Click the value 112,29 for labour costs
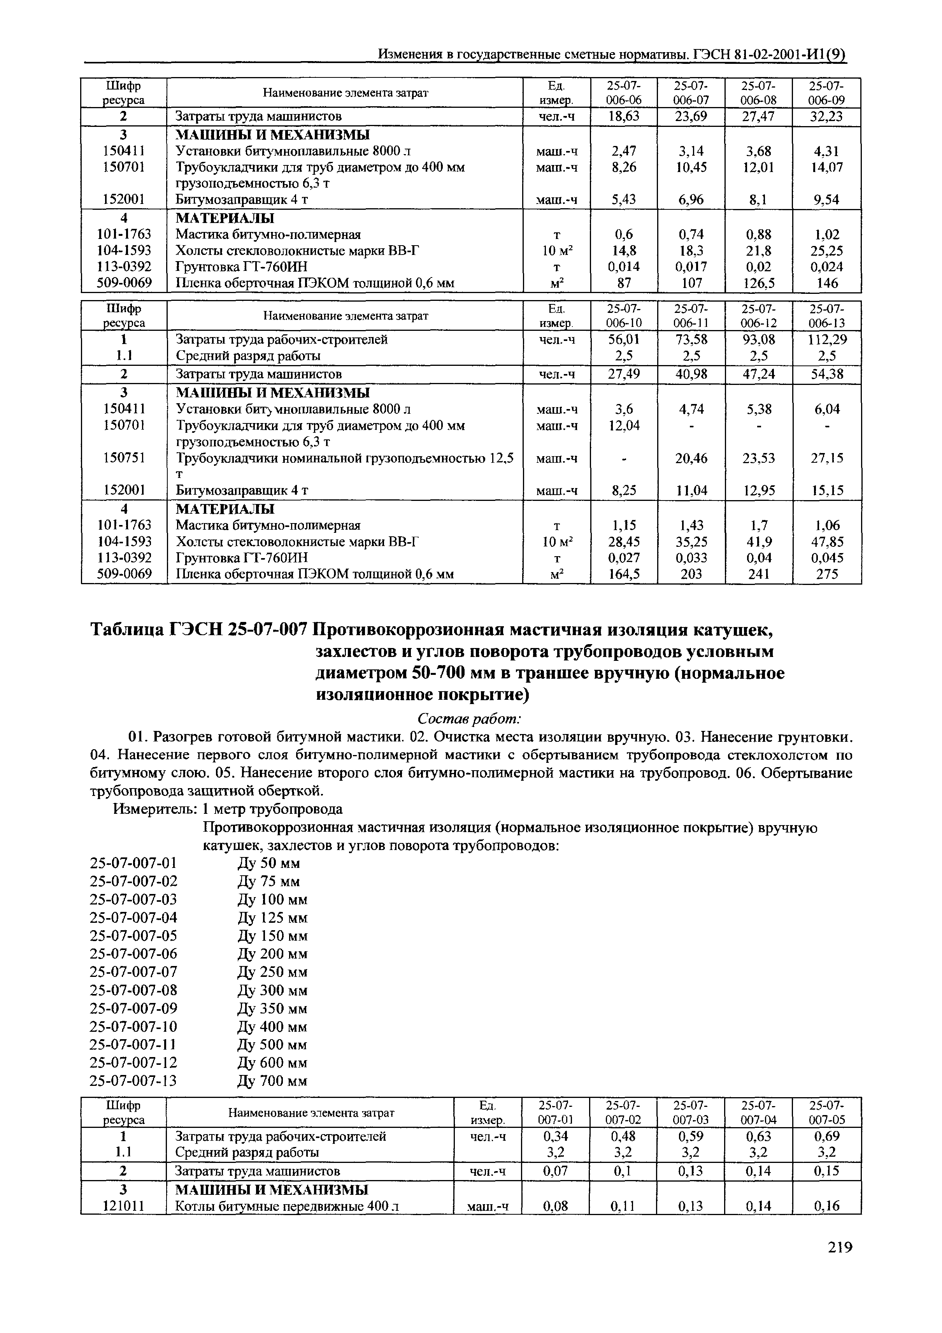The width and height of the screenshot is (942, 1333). [x=826, y=339]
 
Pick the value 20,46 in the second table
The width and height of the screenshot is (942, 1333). [x=691, y=458]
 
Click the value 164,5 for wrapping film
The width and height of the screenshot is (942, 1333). [x=624, y=574]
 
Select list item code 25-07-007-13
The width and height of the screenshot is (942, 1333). [x=133, y=1080]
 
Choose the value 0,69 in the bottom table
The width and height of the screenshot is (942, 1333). [x=826, y=1136]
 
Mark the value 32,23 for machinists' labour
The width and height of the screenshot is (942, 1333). [x=826, y=117]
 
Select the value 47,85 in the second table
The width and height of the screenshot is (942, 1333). [x=826, y=542]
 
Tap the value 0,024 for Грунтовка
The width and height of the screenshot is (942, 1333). [x=826, y=267]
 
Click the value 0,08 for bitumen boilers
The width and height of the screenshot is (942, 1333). [x=556, y=1207]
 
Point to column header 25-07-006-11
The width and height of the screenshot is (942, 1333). [x=691, y=316]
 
